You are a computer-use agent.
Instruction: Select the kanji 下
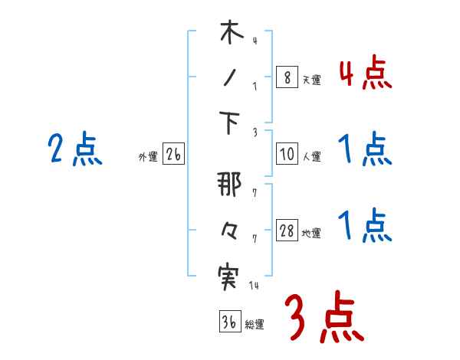228,125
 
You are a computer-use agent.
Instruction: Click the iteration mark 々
228,231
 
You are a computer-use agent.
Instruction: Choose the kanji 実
228,275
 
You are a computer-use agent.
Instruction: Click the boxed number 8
286,77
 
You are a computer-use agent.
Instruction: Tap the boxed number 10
286,154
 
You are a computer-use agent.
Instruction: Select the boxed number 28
286,232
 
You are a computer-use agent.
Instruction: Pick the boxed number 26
173,155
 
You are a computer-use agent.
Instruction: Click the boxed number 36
228,322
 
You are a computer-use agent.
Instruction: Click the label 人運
311,157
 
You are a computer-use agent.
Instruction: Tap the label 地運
311,234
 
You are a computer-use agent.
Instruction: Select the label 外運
148,157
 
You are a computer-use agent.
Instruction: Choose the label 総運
255,324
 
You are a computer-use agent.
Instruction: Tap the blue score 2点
74,149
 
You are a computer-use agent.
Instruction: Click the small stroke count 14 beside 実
253,285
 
